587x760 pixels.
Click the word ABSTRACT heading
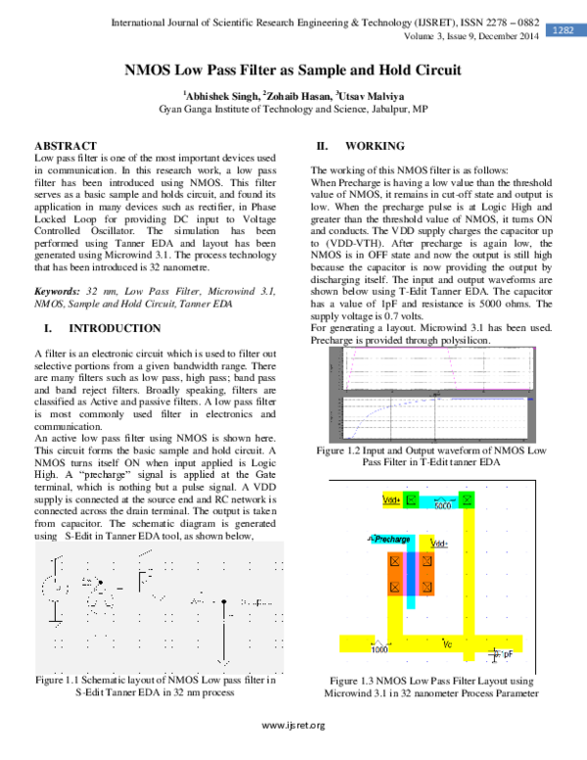tap(66, 145)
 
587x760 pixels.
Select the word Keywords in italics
tap(57, 292)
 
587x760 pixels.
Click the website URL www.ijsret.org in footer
tap(293, 725)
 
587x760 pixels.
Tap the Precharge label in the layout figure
tap(390, 539)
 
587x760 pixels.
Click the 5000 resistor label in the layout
tap(442, 506)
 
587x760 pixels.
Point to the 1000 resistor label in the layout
tap(379, 649)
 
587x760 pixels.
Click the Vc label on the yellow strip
tap(447, 643)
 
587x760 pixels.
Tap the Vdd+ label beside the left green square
tap(390, 499)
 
